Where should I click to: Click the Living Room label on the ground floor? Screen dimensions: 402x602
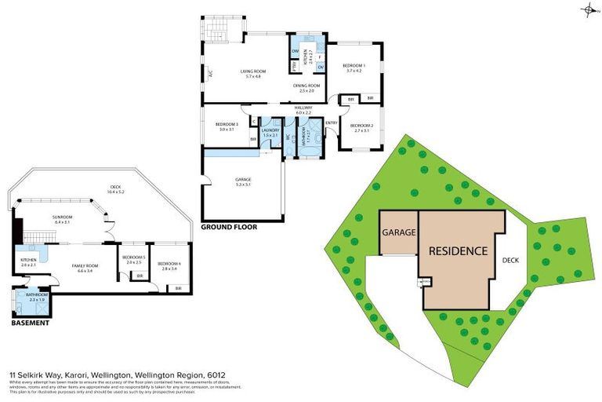tap(253, 73)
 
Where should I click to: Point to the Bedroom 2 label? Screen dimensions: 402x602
tap(361, 127)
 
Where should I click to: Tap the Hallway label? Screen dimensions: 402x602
tap(303, 110)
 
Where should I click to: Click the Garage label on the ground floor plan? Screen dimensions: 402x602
tap(243, 181)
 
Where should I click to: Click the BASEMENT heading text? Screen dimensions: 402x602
tap(30, 323)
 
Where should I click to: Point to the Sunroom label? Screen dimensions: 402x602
tap(62, 219)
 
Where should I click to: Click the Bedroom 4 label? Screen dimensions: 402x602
tap(169, 265)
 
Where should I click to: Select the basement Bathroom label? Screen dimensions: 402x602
tap(38, 297)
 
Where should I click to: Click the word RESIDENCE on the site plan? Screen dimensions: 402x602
tap(459, 252)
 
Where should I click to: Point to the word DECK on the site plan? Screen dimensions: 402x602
tap(510, 260)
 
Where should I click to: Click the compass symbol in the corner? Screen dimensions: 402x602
tap(588, 10)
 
